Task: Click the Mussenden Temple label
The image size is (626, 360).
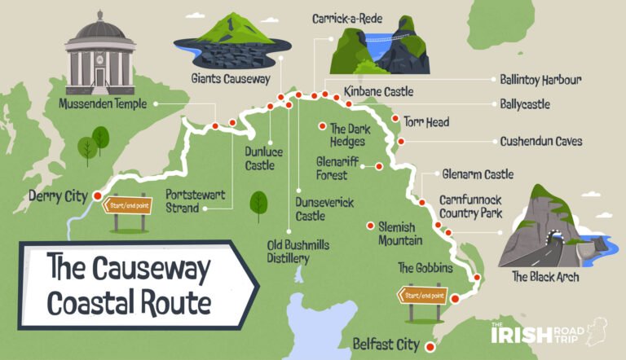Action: tap(102, 104)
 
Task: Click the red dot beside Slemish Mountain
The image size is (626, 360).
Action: tap(371, 226)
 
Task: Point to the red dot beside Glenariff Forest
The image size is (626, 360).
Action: tap(378, 166)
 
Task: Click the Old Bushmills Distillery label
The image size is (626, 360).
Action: tap(289, 250)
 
